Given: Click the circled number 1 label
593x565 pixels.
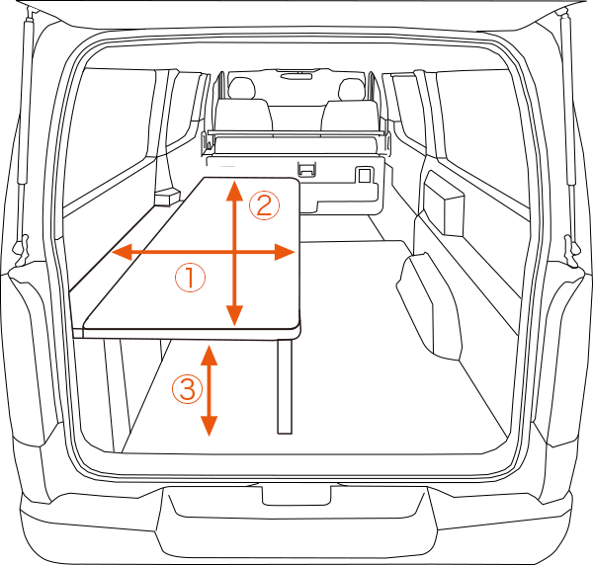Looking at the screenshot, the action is (x=190, y=278).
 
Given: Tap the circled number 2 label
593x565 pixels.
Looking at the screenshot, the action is (x=264, y=206).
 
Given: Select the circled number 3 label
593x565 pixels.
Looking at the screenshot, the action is (x=187, y=389).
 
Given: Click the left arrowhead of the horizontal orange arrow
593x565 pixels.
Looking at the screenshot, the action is (x=121, y=252).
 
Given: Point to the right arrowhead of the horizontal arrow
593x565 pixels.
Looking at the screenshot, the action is (x=285, y=252).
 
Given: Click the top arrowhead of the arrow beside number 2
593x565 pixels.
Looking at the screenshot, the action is (x=234, y=191).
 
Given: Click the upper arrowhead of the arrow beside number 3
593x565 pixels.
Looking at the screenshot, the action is (x=209, y=355).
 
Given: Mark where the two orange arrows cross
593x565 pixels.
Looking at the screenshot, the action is (x=235, y=252).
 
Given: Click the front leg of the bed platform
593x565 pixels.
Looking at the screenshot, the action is (x=285, y=386).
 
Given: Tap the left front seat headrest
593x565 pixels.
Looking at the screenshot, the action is (x=240, y=88).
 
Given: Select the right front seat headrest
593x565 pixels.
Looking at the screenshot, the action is (x=351, y=89).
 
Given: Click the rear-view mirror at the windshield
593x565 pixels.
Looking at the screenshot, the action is (x=296, y=76).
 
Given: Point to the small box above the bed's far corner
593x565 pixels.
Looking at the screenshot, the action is (x=167, y=197).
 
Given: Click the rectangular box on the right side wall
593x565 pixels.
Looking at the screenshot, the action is (x=444, y=204).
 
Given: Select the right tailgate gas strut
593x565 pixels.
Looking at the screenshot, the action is (x=568, y=99).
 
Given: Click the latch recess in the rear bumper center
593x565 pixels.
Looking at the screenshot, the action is (x=296, y=496).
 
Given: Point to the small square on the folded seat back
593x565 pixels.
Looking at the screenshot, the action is (x=364, y=176).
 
